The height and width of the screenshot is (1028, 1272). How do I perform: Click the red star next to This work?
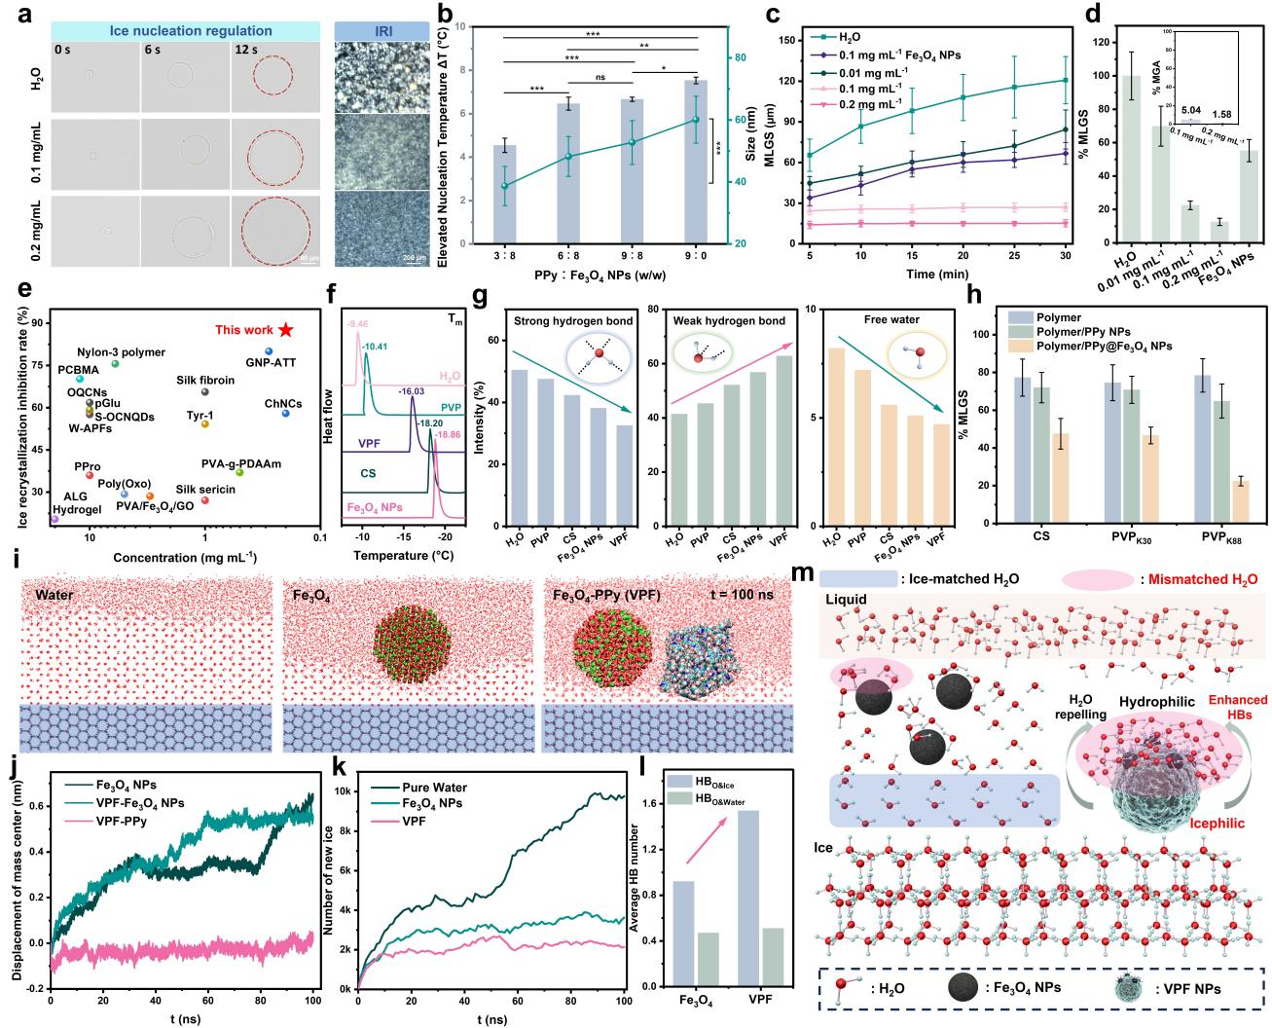[284, 331]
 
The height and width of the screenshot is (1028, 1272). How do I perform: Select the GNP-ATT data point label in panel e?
[271, 363]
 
